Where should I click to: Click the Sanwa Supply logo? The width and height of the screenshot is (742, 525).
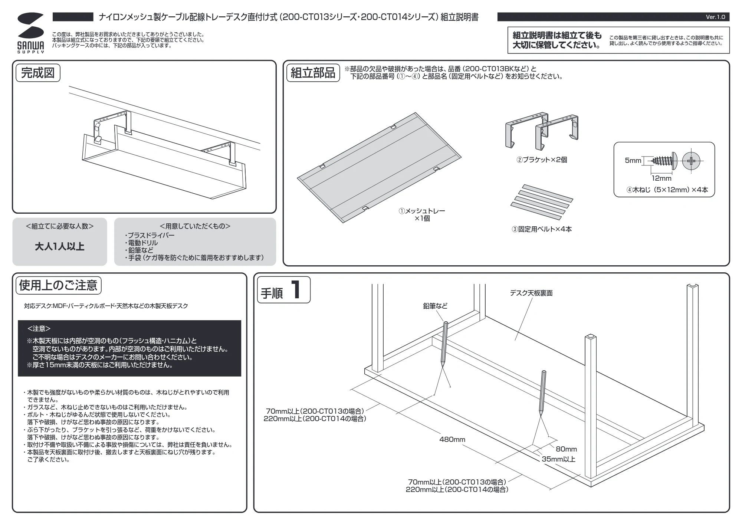[x=30, y=33]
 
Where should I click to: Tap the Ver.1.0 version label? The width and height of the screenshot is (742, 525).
[x=715, y=17]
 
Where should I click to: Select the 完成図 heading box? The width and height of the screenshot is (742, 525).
[x=38, y=73]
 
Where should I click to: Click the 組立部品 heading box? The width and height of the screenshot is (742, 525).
[x=313, y=73]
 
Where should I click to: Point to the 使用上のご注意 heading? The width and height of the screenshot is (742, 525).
[x=58, y=285]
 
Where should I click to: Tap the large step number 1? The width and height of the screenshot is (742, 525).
[x=296, y=290]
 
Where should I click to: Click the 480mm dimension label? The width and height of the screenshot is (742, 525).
[x=452, y=439]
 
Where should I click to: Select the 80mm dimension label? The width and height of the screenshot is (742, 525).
[x=566, y=449]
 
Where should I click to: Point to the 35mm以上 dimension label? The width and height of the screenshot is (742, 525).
[x=558, y=459]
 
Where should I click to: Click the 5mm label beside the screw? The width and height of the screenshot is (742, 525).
[x=633, y=160]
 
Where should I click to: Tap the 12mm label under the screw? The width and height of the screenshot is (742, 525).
[x=661, y=178]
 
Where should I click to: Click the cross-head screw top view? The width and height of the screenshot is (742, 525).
[x=691, y=161]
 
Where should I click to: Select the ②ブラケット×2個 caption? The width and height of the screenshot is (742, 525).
[x=542, y=160]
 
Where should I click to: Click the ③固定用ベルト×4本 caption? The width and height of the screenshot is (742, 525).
[x=542, y=229]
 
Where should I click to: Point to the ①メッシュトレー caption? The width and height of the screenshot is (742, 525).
[x=422, y=211]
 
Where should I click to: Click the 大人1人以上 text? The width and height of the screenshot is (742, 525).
[x=60, y=247]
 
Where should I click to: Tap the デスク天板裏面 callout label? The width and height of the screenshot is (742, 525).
[x=531, y=293]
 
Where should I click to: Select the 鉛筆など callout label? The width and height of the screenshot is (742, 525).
[x=435, y=306]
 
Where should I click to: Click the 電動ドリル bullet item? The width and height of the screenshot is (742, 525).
[x=141, y=243]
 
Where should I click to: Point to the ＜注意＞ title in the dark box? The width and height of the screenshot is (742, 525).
[x=39, y=328]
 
